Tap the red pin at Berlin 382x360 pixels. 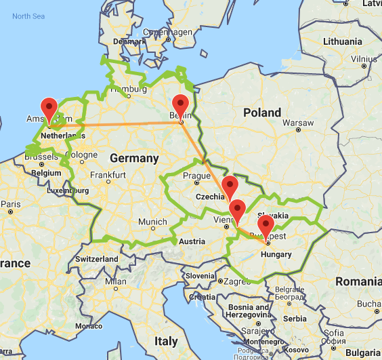180,105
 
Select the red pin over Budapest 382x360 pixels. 266,226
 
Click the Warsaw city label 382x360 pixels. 298,124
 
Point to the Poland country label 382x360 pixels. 262,112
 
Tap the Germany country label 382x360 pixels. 133,159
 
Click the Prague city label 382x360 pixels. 197,176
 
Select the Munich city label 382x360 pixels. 152,222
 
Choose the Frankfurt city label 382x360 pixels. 109,175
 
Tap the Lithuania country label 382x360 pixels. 343,41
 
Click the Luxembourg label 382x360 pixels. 68,191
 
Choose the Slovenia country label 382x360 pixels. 200,275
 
